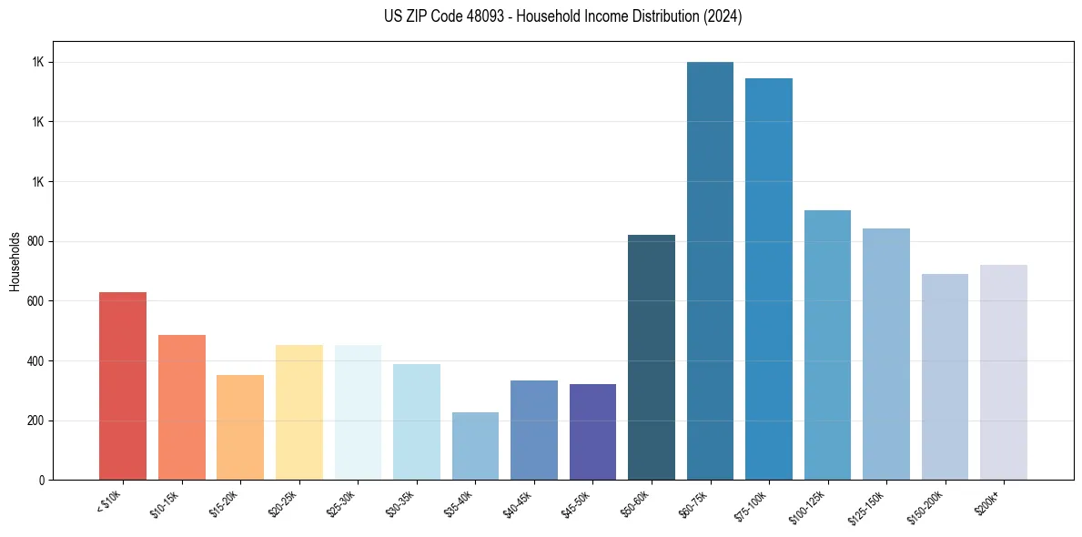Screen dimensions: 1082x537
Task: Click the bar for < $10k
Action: tap(123, 386)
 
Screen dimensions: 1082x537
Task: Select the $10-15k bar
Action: tap(181, 407)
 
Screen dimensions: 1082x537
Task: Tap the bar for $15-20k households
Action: tap(240, 427)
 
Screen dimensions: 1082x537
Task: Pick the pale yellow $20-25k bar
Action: tap(298, 411)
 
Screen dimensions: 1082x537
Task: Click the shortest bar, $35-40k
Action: tap(475, 446)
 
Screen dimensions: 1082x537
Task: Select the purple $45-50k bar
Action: tap(592, 431)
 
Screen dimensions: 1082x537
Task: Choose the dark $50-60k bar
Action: tap(652, 357)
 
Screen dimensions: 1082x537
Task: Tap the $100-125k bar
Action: tap(827, 345)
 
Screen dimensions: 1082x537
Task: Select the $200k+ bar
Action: tap(1004, 372)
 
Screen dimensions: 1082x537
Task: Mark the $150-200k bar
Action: tap(945, 377)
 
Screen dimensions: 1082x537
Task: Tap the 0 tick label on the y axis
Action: tap(42, 480)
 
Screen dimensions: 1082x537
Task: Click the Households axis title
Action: tap(15, 261)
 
